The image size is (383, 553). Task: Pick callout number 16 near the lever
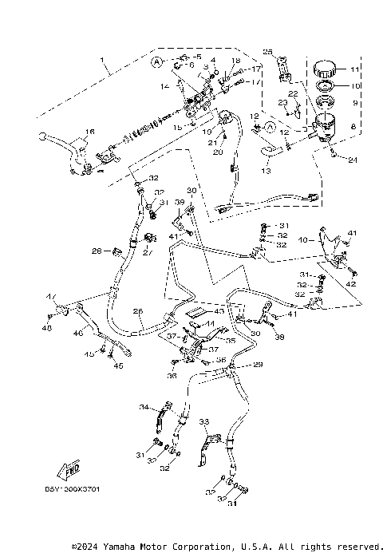[90, 132]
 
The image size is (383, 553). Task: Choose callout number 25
[268, 52]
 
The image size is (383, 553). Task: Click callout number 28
[97, 251]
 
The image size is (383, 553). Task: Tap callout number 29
[258, 365]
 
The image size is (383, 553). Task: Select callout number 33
[203, 421]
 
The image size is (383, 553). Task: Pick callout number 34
[144, 407]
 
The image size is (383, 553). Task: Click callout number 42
[351, 283]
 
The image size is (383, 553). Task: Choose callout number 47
[50, 297]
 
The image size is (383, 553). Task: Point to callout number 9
[356, 103]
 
